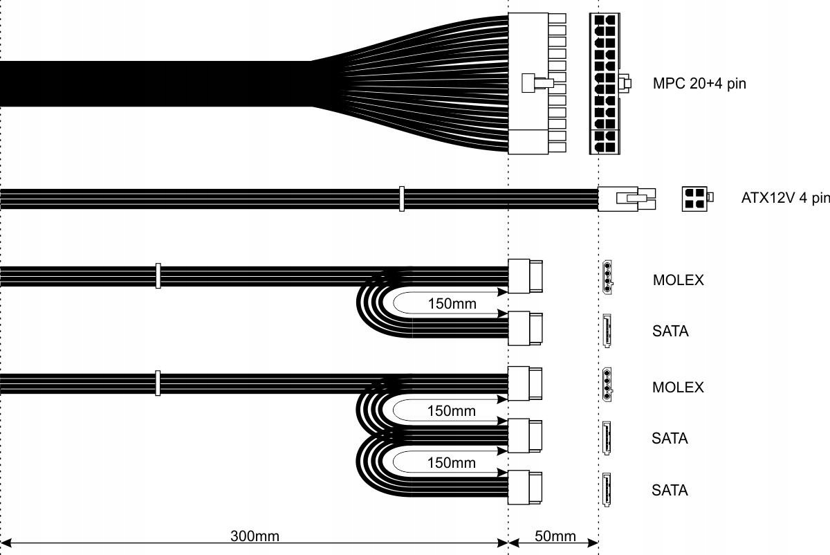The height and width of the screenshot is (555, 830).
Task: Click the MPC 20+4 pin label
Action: tap(699, 84)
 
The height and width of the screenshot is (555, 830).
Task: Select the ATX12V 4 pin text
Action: tap(785, 198)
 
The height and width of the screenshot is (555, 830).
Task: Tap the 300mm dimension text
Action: tap(255, 536)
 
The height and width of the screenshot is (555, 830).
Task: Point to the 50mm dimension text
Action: tap(555, 536)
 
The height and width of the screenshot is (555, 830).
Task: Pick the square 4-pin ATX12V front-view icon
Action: tap(695, 198)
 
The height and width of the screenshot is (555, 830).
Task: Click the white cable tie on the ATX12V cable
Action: tap(401, 199)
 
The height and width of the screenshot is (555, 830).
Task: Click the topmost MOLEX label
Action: tap(678, 280)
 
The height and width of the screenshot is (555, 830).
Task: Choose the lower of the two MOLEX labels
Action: tap(678, 387)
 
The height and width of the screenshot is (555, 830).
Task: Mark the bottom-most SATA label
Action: tap(670, 491)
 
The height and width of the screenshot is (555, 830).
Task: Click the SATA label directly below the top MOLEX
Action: tap(670, 331)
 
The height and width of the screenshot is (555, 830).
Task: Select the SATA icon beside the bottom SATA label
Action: tap(607, 490)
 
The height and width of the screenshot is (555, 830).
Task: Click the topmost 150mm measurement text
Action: tap(452, 304)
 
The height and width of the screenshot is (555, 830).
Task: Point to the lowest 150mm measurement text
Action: tap(452, 462)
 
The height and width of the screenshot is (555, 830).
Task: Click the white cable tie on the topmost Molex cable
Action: tap(158, 275)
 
